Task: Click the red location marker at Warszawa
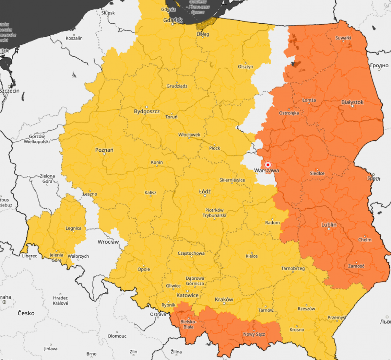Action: (x=268, y=164)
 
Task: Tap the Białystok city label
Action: (x=352, y=102)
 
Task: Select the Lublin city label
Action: (x=329, y=225)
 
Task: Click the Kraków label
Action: (x=224, y=299)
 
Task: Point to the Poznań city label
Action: (x=104, y=150)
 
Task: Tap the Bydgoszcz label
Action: (x=147, y=112)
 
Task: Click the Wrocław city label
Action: (x=108, y=242)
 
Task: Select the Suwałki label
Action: (x=343, y=38)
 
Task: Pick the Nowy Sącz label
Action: (x=254, y=334)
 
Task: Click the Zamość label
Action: (x=356, y=266)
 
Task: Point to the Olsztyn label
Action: (x=245, y=66)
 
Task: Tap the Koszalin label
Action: (x=74, y=38)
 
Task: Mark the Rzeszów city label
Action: (x=306, y=309)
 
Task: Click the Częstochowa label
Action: (x=191, y=253)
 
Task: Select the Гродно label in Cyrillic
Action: (x=379, y=65)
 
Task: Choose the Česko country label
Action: (x=26, y=313)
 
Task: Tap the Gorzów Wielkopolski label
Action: (x=37, y=139)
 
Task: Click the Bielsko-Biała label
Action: (x=188, y=324)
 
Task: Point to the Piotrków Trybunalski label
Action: (x=214, y=212)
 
